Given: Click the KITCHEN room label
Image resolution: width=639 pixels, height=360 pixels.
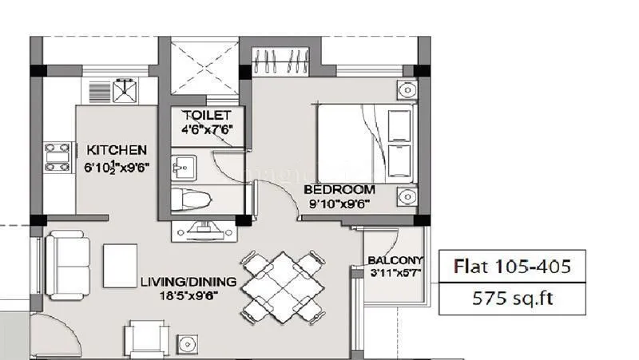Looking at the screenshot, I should pyautogui.click(x=117, y=149).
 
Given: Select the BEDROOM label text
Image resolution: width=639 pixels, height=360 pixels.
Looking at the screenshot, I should pyautogui.click(x=339, y=190).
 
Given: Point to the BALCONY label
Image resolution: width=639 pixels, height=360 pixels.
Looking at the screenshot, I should pyautogui.click(x=395, y=261).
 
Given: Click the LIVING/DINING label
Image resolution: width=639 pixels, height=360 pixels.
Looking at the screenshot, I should pyautogui.click(x=189, y=282).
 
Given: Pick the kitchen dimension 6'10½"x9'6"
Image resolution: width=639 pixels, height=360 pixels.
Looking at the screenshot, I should pyautogui.click(x=117, y=168).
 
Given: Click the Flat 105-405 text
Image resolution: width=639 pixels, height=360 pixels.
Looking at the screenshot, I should pyautogui.click(x=513, y=266).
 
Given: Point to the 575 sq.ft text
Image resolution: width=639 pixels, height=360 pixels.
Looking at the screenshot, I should pyautogui.click(x=513, y=299).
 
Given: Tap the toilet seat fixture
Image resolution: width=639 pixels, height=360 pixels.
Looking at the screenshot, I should pyautogui.click(x=192, y=199).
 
